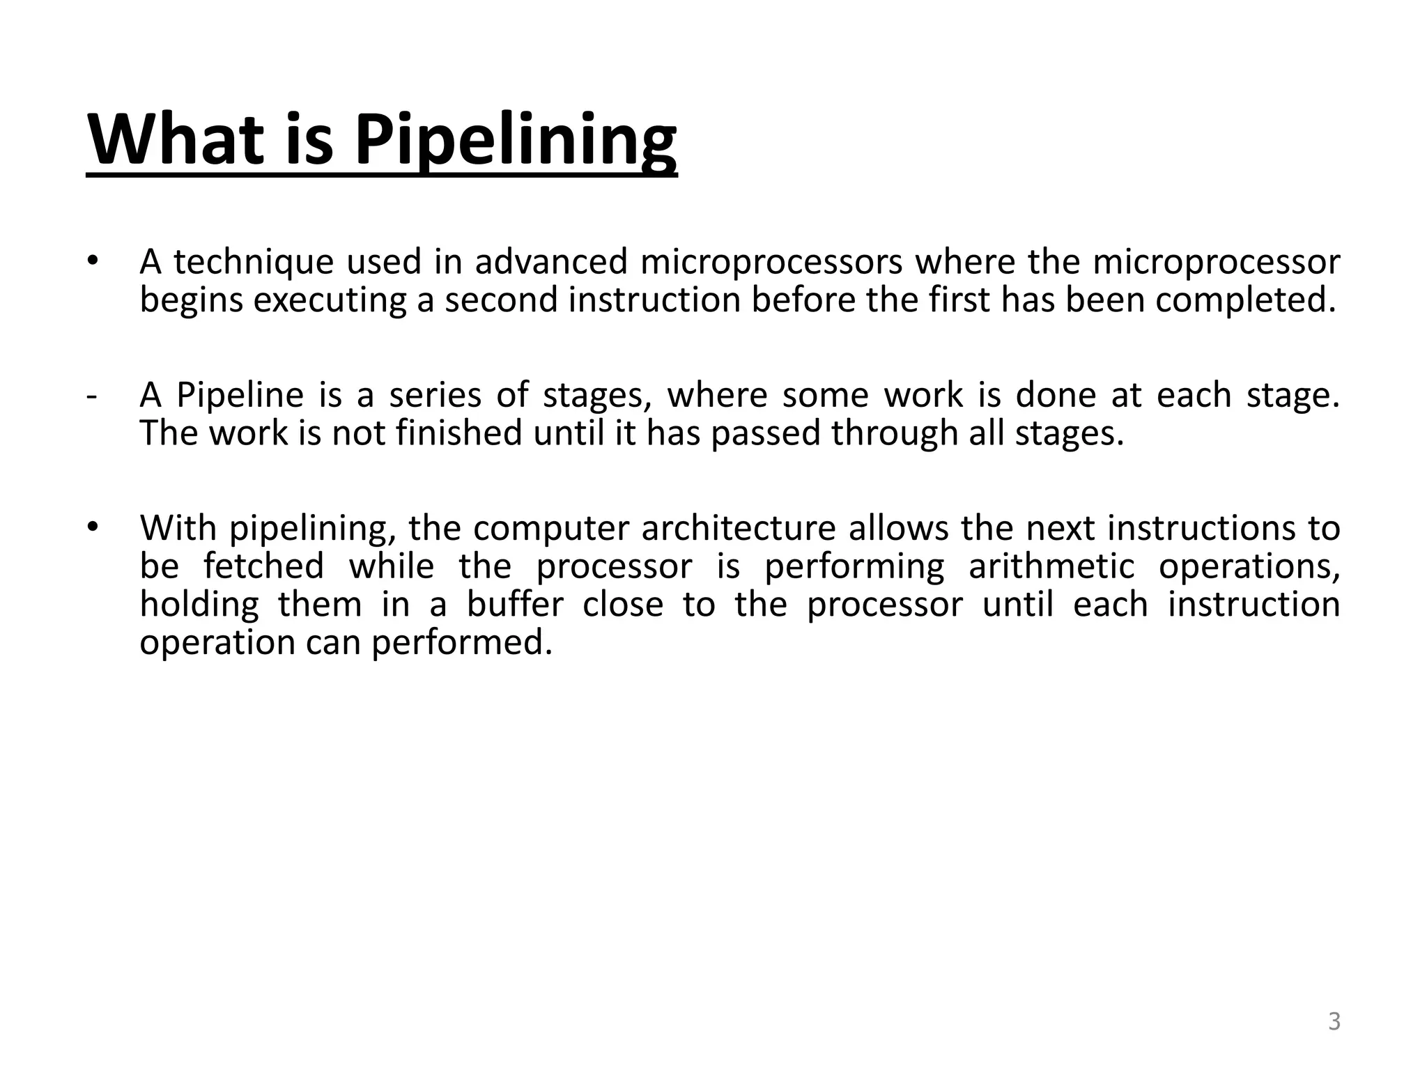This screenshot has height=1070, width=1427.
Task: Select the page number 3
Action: [1334, 1021]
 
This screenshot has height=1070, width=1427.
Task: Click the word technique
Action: [254, 263]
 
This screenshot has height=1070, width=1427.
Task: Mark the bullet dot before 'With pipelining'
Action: [93, 527]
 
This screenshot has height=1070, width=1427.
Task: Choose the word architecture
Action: [738, 528]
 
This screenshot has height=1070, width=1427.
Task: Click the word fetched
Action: [264, 566]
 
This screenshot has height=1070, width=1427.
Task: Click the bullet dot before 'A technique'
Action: [93, 262]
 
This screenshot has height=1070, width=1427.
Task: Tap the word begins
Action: [190, 301]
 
